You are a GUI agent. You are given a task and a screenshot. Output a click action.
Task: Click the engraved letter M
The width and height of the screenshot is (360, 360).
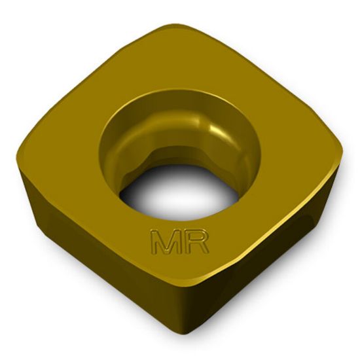(164, 242)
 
